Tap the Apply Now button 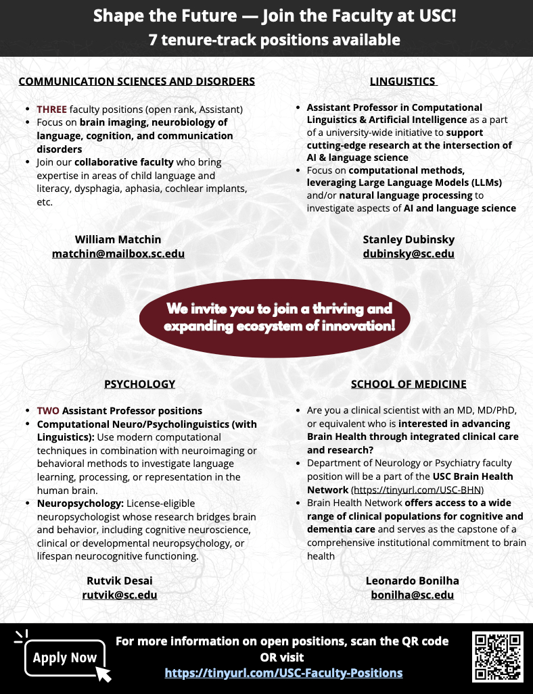click(x=65, y=658)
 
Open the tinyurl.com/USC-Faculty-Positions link click(x=283, y=673)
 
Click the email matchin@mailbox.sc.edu click(x=118, y=254)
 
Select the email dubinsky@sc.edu click(x=409, y=254)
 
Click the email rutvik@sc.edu click(x=120, y=595)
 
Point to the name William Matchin click(x=118, y=239)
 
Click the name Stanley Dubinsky click(x=409, y=239)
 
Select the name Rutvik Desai click(x=120, y=580)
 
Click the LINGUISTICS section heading click(x=403, y=82)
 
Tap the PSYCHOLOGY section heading click(x=139, y=384)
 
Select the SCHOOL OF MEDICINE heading click(x=409, y=384)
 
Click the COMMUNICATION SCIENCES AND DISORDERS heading click(x=137, y=82)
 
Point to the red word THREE click(x=51, y=109)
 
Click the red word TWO click(x=48, y=411)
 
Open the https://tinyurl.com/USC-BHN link click(x=417, y=490)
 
